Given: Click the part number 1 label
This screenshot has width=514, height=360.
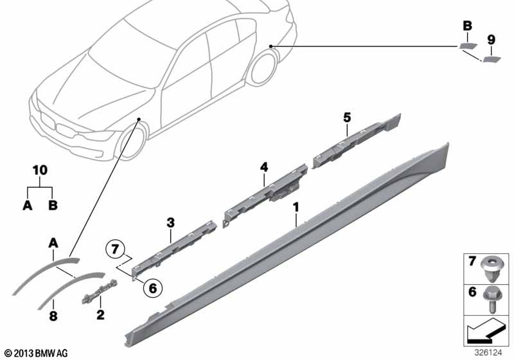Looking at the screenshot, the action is pos(296,207).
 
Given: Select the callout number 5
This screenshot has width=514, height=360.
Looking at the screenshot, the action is pos(347,117).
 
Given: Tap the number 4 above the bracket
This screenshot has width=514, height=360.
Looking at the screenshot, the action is pos(264,167).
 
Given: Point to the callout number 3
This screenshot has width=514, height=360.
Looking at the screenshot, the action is pos(170,223).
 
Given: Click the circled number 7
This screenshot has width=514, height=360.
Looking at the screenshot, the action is pos(114,249).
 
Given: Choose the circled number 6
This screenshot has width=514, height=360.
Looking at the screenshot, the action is pos(153,288).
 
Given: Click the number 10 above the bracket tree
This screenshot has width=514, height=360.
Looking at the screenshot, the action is pos(40,170).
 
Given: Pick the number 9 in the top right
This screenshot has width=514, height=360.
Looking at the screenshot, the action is pos(491,40).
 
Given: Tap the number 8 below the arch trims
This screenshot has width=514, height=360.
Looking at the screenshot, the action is pos(53,316).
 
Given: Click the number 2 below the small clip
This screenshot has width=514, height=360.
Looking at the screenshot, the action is pos(100,315).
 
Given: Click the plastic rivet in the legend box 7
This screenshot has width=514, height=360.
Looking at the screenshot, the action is pos(490,269).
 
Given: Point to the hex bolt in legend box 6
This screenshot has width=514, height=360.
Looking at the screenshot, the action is pos(491,298).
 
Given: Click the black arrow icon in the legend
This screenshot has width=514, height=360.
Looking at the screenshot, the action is pos(486,330).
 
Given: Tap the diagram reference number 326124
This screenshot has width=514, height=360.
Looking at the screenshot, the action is pos(488,353).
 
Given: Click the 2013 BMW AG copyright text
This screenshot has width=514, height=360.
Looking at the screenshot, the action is pos(37,353).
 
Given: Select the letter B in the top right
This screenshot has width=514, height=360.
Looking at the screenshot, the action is pos(467,26).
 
